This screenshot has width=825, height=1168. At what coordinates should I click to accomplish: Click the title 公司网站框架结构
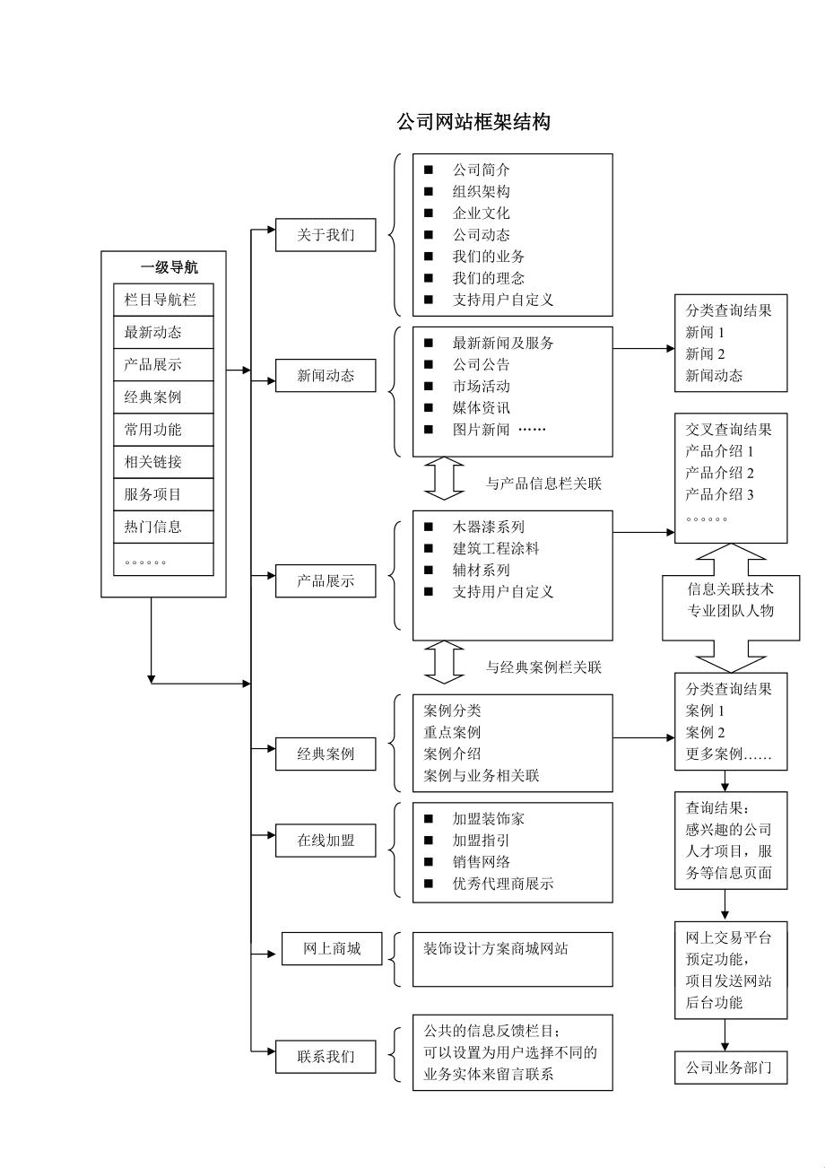[473, 123]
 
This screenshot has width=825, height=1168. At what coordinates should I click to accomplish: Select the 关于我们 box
[326, 235]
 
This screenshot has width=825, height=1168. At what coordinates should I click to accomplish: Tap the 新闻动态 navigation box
[326, 376]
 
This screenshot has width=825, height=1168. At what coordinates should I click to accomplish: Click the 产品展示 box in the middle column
[326, 580]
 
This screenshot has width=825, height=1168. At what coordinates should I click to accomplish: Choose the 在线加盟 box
[326, 841]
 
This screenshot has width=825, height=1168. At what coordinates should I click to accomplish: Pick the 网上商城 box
[332, 948]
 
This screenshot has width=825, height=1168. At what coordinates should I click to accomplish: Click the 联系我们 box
[326, 1057]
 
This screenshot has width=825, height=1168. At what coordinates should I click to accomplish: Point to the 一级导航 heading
[169, 267]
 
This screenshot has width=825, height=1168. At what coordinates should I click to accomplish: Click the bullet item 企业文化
[481, 214]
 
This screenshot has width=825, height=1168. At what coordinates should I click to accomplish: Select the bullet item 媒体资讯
[481, 408]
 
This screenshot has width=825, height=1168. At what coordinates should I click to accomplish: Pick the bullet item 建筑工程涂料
[496, 548]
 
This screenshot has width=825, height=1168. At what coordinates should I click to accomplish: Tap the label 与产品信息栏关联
[543, 484]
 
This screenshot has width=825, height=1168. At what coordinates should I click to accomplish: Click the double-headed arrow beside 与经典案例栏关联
[443, 662]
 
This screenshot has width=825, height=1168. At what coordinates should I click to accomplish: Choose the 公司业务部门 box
[730, 1068]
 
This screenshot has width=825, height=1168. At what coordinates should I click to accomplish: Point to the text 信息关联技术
[730, 589]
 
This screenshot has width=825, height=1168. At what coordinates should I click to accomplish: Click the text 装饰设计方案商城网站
[495, 948]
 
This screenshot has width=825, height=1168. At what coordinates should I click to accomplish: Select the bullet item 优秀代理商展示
[502, 884]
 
